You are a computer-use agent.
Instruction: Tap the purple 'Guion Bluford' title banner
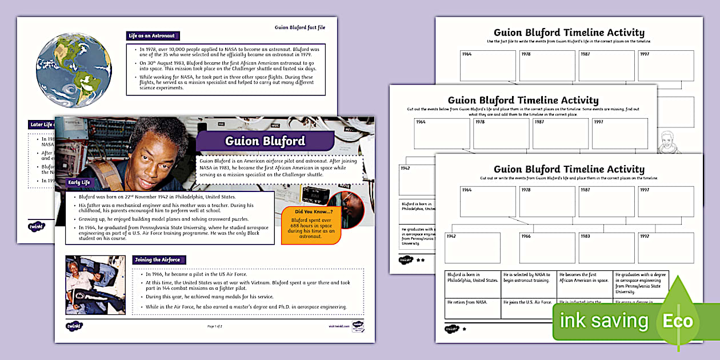pos(265,141)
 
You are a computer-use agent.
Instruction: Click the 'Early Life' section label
pos(79,182)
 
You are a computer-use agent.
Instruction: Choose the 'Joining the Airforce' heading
pos(157,259)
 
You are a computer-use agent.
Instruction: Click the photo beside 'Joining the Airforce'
pos(95,285)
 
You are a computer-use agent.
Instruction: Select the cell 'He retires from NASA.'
pos(473,308)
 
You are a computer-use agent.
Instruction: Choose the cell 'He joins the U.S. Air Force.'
pos(529,308)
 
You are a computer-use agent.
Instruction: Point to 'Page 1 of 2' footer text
pos(214,326)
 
